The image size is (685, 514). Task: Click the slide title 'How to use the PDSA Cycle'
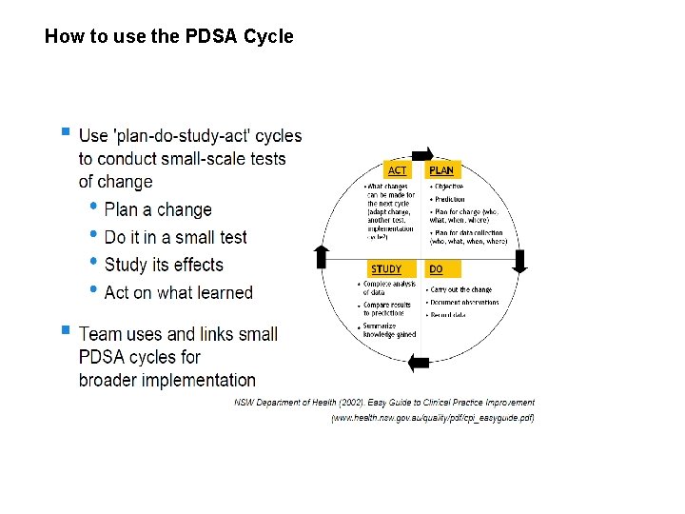point(169,37)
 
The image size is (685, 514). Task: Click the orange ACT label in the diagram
point(398,170)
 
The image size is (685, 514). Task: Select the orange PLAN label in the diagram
point(441,170)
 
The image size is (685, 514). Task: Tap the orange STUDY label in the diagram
point(386,269)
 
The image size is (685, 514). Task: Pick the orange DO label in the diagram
point(436,269)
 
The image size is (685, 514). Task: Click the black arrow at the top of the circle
point(422,154)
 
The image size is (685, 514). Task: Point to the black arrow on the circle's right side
point(519,261)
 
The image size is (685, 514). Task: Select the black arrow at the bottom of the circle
point(418,362)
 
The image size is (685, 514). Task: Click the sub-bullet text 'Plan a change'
point(158,209)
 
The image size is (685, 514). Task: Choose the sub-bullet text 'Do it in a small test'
point(175,237)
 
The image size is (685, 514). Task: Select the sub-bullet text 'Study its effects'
point(164,265)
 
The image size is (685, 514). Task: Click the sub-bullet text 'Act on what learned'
point(178,292)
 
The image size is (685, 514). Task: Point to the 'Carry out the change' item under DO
point(461,289)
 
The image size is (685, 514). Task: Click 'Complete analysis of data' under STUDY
point(389,287)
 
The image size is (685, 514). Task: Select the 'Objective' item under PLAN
point(449,187)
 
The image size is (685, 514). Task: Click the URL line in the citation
point(433,418)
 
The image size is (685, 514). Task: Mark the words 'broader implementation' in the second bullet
point(167,380)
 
